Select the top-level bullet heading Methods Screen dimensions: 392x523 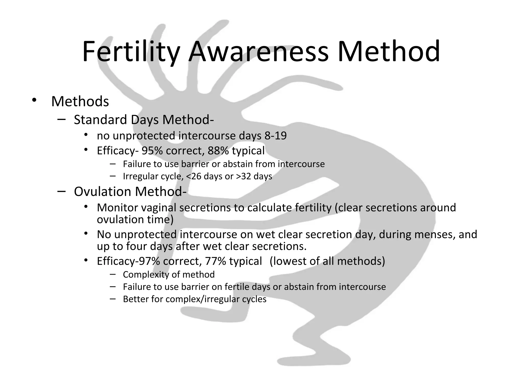(x=80, y=101)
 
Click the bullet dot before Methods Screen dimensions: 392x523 (x=34, y=100)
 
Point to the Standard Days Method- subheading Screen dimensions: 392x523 (x=144, y=120)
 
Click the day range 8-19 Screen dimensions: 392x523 (x=276, y=136)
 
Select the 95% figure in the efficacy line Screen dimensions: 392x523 (x=152, y=151)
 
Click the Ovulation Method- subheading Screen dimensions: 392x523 (x=130, y=191)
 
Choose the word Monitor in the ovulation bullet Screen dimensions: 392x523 (x=117, y=207)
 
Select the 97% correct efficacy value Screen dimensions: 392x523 (x=149, y=261)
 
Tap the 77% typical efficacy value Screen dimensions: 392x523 (x=216, y=261)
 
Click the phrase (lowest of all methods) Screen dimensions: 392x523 (x=327, y=261)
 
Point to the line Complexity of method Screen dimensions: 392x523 (x=169, y=275)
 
